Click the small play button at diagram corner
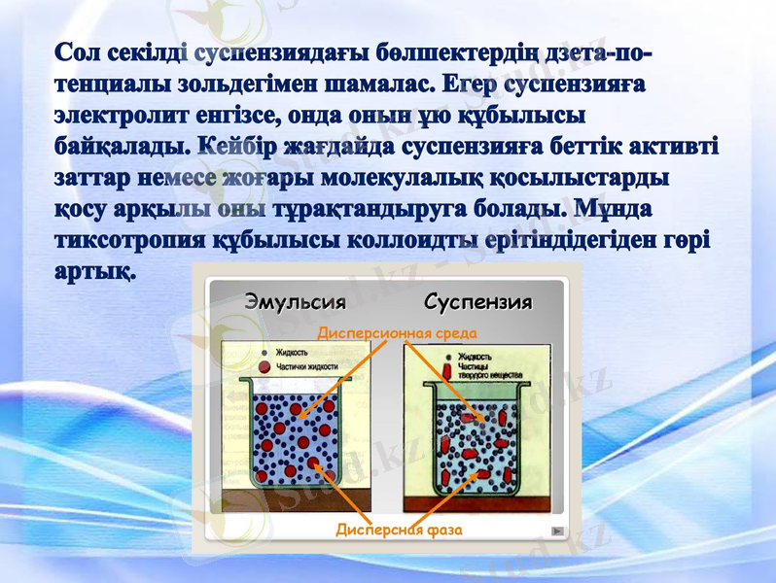pos(556,531)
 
